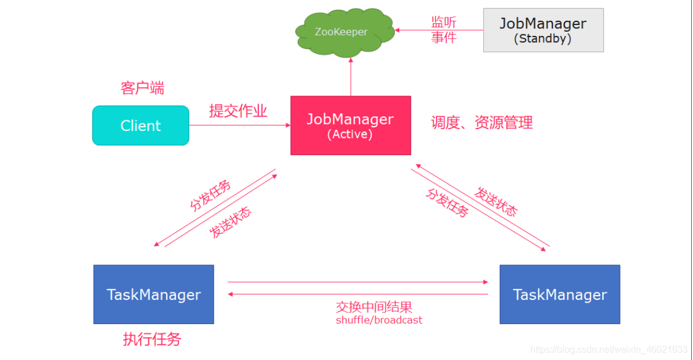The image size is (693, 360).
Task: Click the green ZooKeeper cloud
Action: point(342,32)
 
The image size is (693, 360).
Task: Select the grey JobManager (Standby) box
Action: point(543,30)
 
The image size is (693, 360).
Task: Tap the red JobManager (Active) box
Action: point(350,125)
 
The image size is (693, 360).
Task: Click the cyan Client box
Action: point(141,126)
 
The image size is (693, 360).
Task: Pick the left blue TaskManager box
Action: point(153,294)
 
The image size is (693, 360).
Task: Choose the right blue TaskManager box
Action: point(560,294)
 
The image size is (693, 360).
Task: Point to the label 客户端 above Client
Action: point(142,88)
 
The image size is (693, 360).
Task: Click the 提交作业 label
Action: point(238,111)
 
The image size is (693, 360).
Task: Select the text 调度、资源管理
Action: point(482,122)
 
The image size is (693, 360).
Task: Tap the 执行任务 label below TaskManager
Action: point(152,339)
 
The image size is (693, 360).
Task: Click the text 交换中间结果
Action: point(374,307)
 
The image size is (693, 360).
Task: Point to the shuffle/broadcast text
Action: point(379,320)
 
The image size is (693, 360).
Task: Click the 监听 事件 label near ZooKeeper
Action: point(444,30)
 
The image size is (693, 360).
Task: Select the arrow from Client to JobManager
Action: point(240,125)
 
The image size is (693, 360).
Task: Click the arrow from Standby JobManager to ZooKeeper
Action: point(439,30)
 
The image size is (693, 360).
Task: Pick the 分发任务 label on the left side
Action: point(210,196)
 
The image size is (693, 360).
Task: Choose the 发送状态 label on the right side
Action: point(496,201)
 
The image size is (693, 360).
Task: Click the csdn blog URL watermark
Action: point(609,350)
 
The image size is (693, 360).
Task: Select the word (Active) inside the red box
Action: point(350,134)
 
